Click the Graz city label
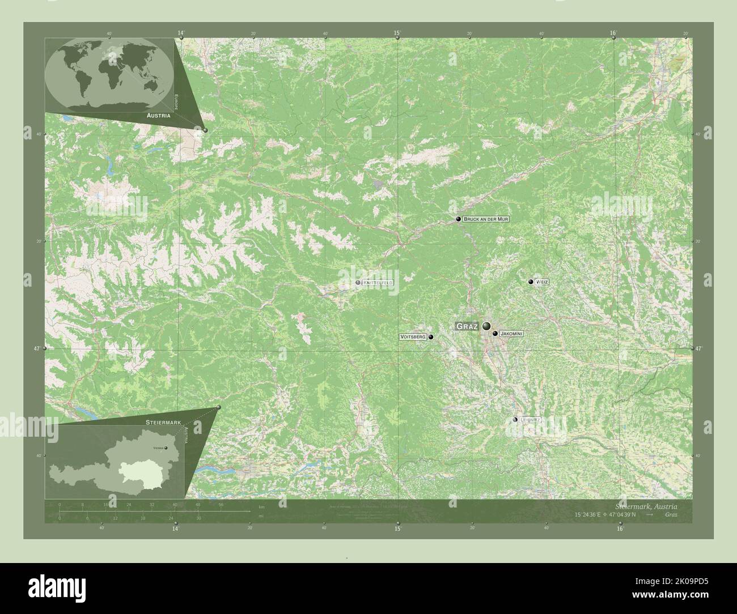tap(467, 327)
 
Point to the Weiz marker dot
tap(531, 282)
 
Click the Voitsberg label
tap(413, 337)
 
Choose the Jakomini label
tap(511, 334)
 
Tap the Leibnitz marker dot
tap(515, 420)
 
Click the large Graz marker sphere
tap(486, 326)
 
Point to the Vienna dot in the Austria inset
tap(166, 447)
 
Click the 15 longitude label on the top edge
tap(397, 33)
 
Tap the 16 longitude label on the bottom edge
tap(620, 528)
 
